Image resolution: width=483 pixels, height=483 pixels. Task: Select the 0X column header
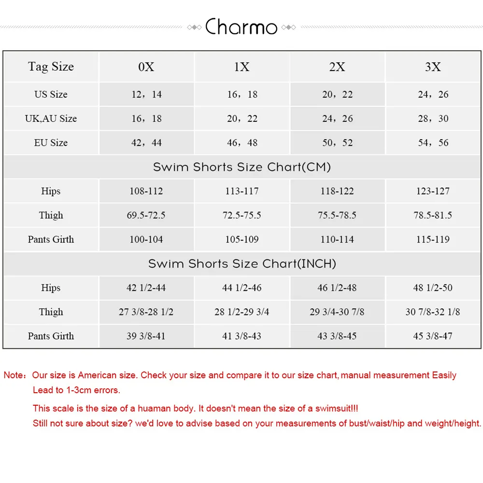point(146,67)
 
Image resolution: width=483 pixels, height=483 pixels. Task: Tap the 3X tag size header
point(433,67)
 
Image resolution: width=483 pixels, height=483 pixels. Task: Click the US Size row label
point(51,94)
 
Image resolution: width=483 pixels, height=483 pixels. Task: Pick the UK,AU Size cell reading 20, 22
point(242,118)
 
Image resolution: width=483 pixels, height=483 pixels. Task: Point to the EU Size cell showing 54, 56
point(433,142)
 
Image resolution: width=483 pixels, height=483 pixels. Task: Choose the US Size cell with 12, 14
point(146,94)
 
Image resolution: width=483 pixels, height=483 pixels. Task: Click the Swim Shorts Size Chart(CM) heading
point(241,167)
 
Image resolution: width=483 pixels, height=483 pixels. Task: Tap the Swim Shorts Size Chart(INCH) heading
point(241,264)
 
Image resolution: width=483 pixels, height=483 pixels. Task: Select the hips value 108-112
point(146,191)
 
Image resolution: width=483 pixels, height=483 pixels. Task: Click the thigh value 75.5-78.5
point(337,215)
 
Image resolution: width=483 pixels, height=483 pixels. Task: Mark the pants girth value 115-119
point(433,240)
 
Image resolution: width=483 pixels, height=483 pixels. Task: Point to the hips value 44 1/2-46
point(241,288)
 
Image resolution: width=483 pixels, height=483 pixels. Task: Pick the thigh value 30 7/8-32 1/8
point(433,312)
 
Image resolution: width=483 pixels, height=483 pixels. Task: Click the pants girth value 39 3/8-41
point(146,336)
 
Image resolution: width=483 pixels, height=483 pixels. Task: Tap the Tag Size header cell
point(51,67)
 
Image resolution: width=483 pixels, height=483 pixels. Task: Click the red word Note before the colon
point(14,375)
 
